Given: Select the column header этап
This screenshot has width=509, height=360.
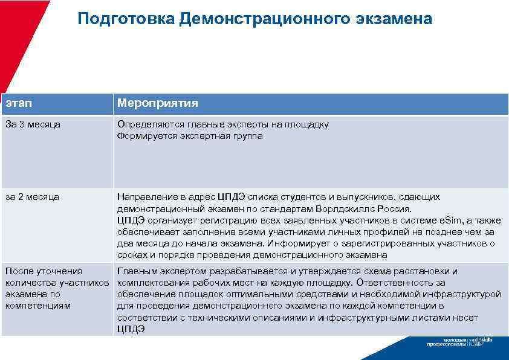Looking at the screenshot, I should coord(18,104).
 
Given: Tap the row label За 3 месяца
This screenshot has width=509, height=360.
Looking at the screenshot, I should coord(33,124).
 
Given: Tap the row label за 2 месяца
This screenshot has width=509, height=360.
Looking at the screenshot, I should coord(33,197).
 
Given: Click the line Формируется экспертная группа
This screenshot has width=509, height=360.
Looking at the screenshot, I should coord(190,136).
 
